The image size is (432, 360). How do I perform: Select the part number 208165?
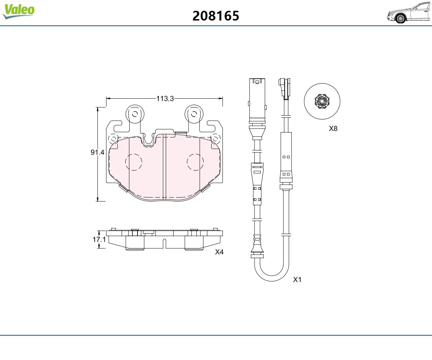pyautogui.click(x=216, y=16)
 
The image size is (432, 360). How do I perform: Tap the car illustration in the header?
pyautogui.click(x=409, y=13)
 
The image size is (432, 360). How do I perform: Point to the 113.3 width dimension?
pyautogui.click(x=165, y=99)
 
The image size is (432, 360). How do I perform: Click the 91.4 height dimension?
pyautogui.click(x=98, y=152)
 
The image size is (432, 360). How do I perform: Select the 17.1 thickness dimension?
pyautogui.click(x=99, y=239)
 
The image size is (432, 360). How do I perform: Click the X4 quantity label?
pyautogui.click(x=219, y=252)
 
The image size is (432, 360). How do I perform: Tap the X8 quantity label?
pyautogui.click(x=333, y=129)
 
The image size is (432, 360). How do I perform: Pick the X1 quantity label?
pyautogui.click(x=297, y=280)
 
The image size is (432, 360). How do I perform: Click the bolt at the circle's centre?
pyautogui.click(x=322, y=101)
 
